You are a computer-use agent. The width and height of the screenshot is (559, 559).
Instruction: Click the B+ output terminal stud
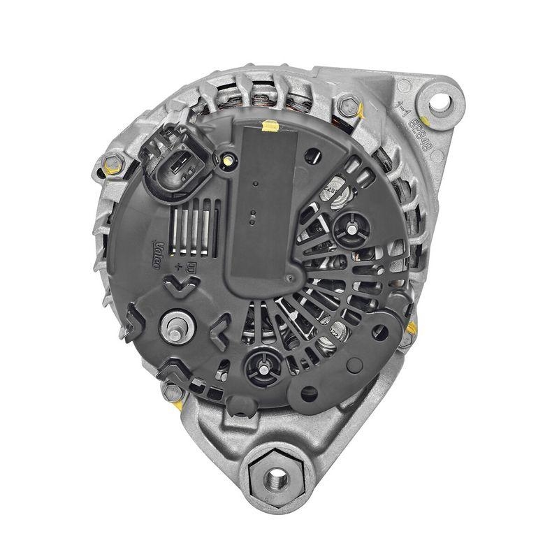pos(175,324)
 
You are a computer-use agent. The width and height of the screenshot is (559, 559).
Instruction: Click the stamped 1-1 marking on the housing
pos(400,107)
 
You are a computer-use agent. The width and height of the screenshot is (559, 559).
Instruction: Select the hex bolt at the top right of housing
pos(345,106)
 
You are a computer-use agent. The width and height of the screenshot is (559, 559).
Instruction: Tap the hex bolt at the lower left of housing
pos(170,392)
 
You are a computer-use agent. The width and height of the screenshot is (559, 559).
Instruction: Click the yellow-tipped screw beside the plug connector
pos(227,161)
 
